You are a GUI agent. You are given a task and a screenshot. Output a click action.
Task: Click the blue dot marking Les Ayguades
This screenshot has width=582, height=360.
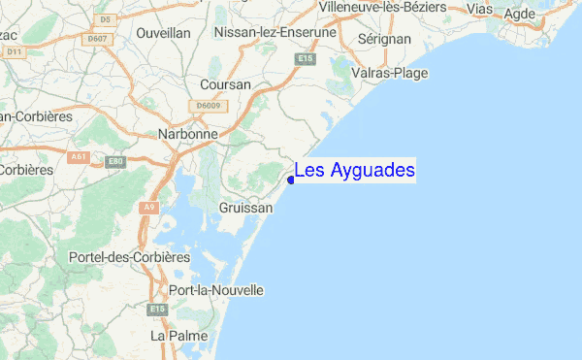pos(291,180)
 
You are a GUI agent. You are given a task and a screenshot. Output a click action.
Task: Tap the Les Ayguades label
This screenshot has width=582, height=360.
pos(355,171)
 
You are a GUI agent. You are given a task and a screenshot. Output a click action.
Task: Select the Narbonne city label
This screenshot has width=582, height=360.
pos(191,135)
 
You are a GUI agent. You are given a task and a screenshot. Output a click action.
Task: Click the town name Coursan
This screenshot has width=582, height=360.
pos(225,84)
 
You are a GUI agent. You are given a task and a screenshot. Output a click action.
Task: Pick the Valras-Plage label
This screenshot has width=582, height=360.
pos(391,72)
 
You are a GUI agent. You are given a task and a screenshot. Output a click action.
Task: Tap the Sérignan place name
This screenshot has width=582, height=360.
pos(384,38)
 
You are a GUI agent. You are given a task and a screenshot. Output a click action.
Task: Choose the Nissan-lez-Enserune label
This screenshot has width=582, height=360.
pos(275,32)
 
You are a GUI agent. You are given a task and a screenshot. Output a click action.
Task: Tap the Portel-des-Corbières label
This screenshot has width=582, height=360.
pos(129,257)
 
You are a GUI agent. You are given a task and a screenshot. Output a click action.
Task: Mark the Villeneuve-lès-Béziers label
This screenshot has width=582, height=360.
pos(396,7)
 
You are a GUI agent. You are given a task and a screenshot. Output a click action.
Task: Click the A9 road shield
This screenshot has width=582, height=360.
pos(148,207)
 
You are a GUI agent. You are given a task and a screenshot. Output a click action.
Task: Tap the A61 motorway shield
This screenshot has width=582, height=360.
pos(80,155)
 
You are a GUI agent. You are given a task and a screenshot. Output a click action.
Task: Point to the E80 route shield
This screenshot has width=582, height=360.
pos(115,161)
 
